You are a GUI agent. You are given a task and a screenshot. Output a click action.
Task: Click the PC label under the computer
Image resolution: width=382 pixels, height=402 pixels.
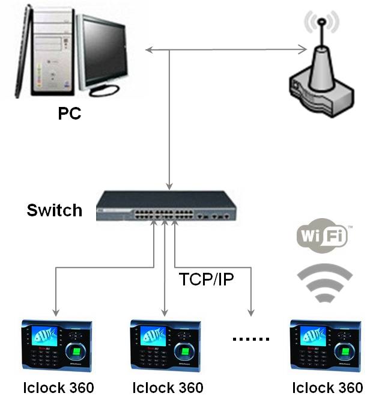[70, 114]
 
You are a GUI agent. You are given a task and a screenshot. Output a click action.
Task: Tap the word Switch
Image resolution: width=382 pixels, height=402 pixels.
[55, 210]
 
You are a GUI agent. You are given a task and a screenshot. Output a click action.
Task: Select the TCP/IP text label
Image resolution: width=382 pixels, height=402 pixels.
[206, 279]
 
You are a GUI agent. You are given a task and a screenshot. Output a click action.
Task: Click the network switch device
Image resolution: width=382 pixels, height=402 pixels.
[166, 206]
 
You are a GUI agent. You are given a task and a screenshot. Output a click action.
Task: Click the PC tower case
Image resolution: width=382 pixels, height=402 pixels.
[53, 51]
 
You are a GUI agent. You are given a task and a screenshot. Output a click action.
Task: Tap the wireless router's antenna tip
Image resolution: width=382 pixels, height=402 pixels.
[321, 22]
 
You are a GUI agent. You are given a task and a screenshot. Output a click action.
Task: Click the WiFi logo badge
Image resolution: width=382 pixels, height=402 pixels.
[323, 236]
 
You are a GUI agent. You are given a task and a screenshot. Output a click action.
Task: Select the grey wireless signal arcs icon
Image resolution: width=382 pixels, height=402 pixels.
[324, 282]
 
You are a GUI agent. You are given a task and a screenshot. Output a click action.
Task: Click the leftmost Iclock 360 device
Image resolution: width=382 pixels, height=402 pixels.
[57, 346]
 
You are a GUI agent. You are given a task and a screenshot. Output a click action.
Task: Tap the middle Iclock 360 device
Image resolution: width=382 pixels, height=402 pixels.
[166, 346]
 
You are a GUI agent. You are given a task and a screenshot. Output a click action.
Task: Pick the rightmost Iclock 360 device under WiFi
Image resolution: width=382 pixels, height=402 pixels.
[326, 346]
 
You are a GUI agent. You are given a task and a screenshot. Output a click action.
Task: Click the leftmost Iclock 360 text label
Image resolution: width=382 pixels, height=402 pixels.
[58, 388]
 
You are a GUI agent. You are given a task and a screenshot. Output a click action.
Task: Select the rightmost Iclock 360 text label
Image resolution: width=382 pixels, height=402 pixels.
[327, 388]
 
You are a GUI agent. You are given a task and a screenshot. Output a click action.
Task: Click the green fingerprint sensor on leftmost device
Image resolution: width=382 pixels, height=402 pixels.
[76, 352]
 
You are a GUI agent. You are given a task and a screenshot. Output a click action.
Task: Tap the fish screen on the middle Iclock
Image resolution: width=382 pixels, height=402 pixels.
[154, 336]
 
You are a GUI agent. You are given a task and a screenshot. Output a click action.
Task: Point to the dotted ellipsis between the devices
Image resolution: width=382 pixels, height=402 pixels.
[251, 339]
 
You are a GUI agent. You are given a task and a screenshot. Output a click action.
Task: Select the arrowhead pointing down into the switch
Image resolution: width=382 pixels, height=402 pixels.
[169, 186]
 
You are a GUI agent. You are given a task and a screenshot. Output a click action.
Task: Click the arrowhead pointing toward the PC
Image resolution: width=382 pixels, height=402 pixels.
[150, 50]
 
